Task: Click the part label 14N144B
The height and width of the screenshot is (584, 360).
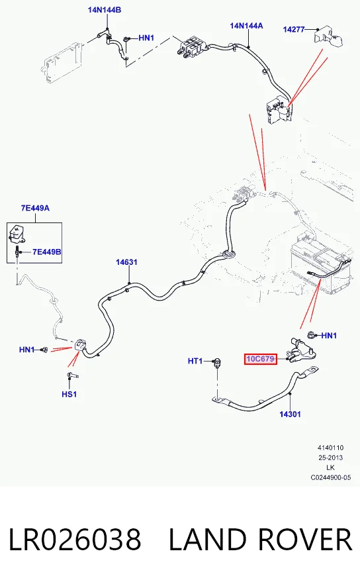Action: [105, 10]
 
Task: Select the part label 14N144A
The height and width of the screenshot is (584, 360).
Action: [246, 26]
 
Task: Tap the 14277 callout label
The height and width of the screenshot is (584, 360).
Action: [294, 29]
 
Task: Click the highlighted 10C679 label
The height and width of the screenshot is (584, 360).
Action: [261, 359]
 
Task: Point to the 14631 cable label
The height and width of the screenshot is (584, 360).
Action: [126, 262]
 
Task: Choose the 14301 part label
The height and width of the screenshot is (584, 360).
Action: [290, 414]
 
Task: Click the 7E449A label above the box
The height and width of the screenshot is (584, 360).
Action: [35, 208]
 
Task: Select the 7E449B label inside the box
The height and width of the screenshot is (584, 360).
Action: [47, 252]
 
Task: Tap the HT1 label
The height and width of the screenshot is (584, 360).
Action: [195, 361]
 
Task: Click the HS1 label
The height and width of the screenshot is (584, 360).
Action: [69, 394]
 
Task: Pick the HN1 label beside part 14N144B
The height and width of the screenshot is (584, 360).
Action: [146, 38]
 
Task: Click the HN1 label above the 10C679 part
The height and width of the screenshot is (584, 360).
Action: [329, 336]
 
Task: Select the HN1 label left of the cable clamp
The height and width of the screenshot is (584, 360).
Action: [27, 350]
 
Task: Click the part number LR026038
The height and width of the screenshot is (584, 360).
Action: [75, 539]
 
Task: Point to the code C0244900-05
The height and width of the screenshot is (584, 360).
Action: [331, 477]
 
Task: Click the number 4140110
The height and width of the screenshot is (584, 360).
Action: [331, 448]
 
